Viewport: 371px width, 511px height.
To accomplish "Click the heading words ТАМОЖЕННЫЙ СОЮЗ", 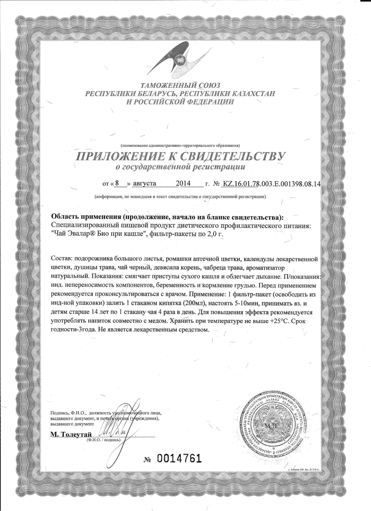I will (180, 85).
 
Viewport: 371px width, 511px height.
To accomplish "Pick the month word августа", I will (144, 183).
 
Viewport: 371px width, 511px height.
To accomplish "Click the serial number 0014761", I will (179, 458).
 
